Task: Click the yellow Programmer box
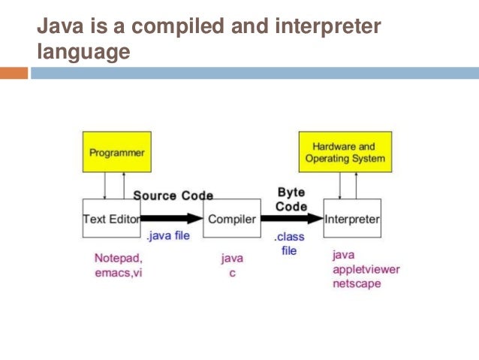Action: click(116, 153)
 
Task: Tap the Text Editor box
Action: click(110, 219)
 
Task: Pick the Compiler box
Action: click(232, 219)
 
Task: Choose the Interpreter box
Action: click(352, 219)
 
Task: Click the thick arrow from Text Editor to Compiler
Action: click(174, 219)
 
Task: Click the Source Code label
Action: click(173, 195)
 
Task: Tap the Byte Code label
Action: click(291, 198)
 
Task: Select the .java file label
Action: click(170, 236)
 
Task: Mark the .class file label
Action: click(289, 243)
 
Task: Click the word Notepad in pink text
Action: click(116, 258)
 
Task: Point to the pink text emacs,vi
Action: click(117, 273)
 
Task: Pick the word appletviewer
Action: click(366, 270)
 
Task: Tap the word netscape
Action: click(357, 284)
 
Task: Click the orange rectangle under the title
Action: click(14, 73)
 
